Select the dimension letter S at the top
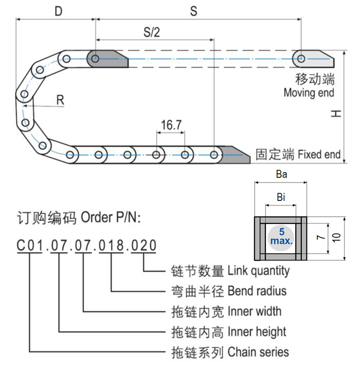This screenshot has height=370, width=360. (193, 11)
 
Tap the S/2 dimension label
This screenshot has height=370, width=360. (152, 32)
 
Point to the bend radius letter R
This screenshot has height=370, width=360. (60, 100)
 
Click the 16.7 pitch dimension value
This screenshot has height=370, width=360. (171, 125)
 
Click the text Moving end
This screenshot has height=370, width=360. (309, 93)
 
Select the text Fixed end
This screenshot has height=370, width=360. (319, 154)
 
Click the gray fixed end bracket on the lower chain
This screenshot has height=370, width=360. (236, 155)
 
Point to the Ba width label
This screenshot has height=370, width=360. (281, 175)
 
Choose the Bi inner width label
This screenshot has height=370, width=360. (281, 197)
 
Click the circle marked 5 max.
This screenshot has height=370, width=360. (281, 237)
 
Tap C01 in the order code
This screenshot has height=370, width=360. (29, 245)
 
